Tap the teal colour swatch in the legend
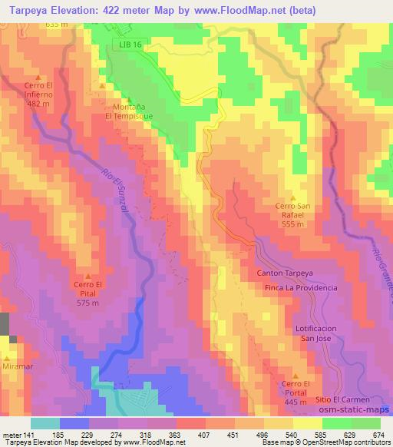tap(45, 423)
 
